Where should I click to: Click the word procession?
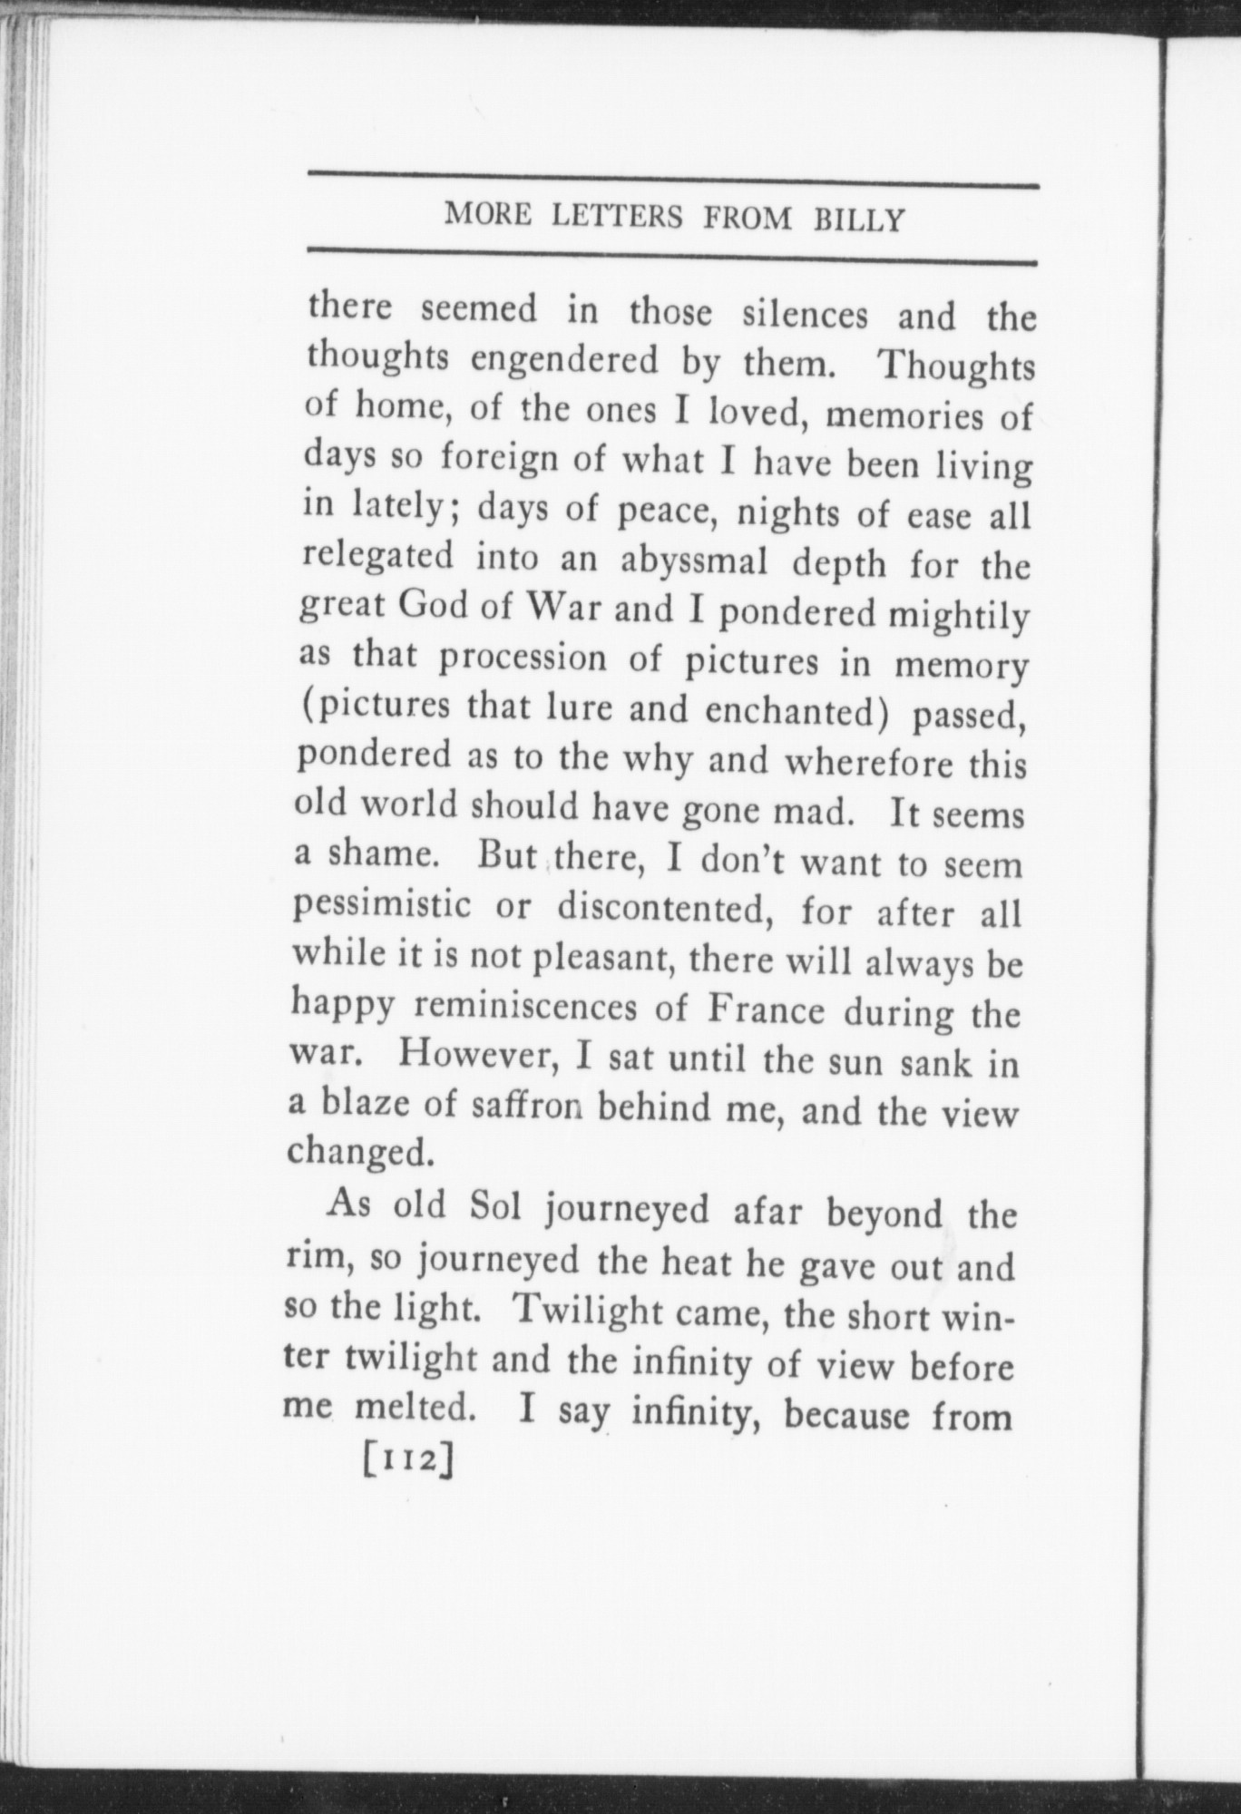click(x=522, y=659)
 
